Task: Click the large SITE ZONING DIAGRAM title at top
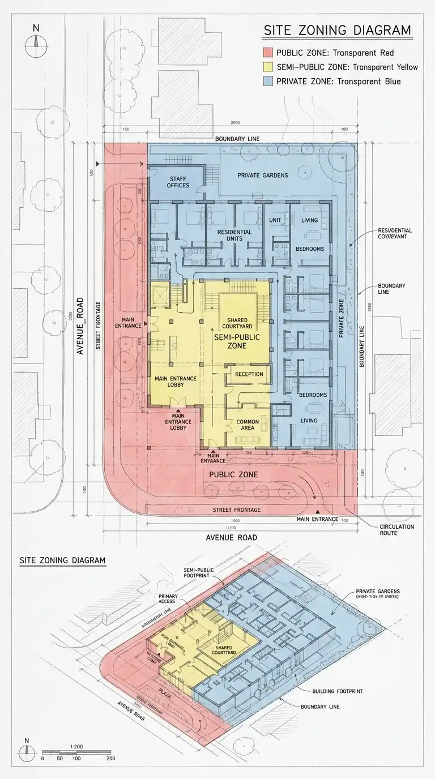(x=337, y=31)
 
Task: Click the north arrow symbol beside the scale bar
(x=25, y=752)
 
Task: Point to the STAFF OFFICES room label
(x=178, y=182)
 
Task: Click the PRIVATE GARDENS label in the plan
(x=262, y=176)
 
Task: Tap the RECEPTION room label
(x=249, y=374)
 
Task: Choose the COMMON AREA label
(x=248, y=425)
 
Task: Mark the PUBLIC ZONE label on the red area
(x=233, y=474)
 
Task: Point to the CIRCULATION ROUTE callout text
(x=396, y=530)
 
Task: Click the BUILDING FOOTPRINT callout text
(x=338, y=692)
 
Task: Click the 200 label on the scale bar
(x=111, y=758)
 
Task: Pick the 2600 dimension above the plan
(x=235, y=123)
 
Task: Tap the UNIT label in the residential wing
(x=275, y=220)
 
